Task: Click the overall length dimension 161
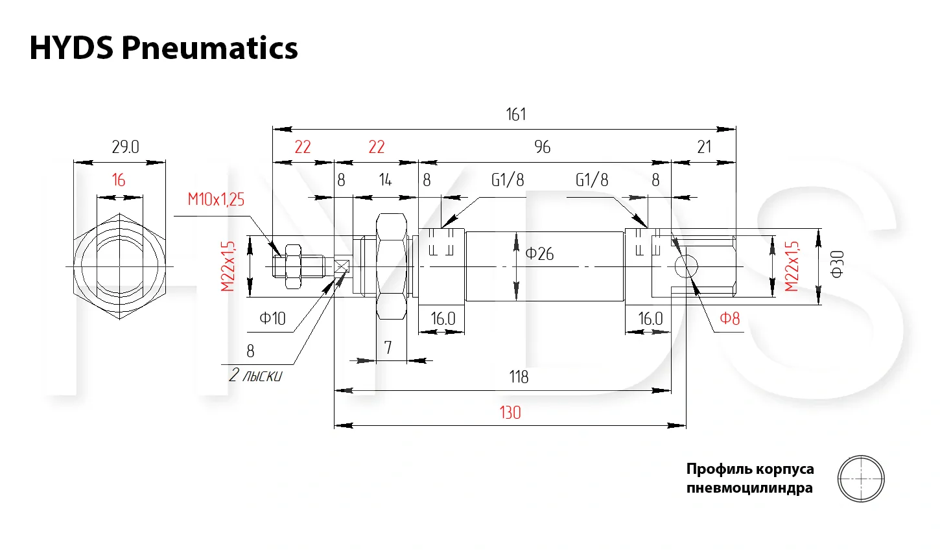point(516,115)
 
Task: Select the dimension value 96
point(543,147)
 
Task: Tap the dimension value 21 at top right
point(704,147)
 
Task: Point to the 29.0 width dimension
point(125,147)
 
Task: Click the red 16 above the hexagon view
point(118,180)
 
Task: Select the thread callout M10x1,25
point(216,199)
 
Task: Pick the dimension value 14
point(385,180)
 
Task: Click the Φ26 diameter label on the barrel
point(539,253)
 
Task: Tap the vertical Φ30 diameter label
point(837,264)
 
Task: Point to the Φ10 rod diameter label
point(272,318)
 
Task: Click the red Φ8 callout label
point(729,318)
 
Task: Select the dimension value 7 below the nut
point(388,348)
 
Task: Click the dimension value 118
point(519,377)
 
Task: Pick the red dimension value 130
point(510,413)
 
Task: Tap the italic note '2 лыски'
point(255,375)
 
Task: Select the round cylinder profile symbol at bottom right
point(861,479)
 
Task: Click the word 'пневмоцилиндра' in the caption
point(749,487)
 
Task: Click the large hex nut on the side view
point(392,266)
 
